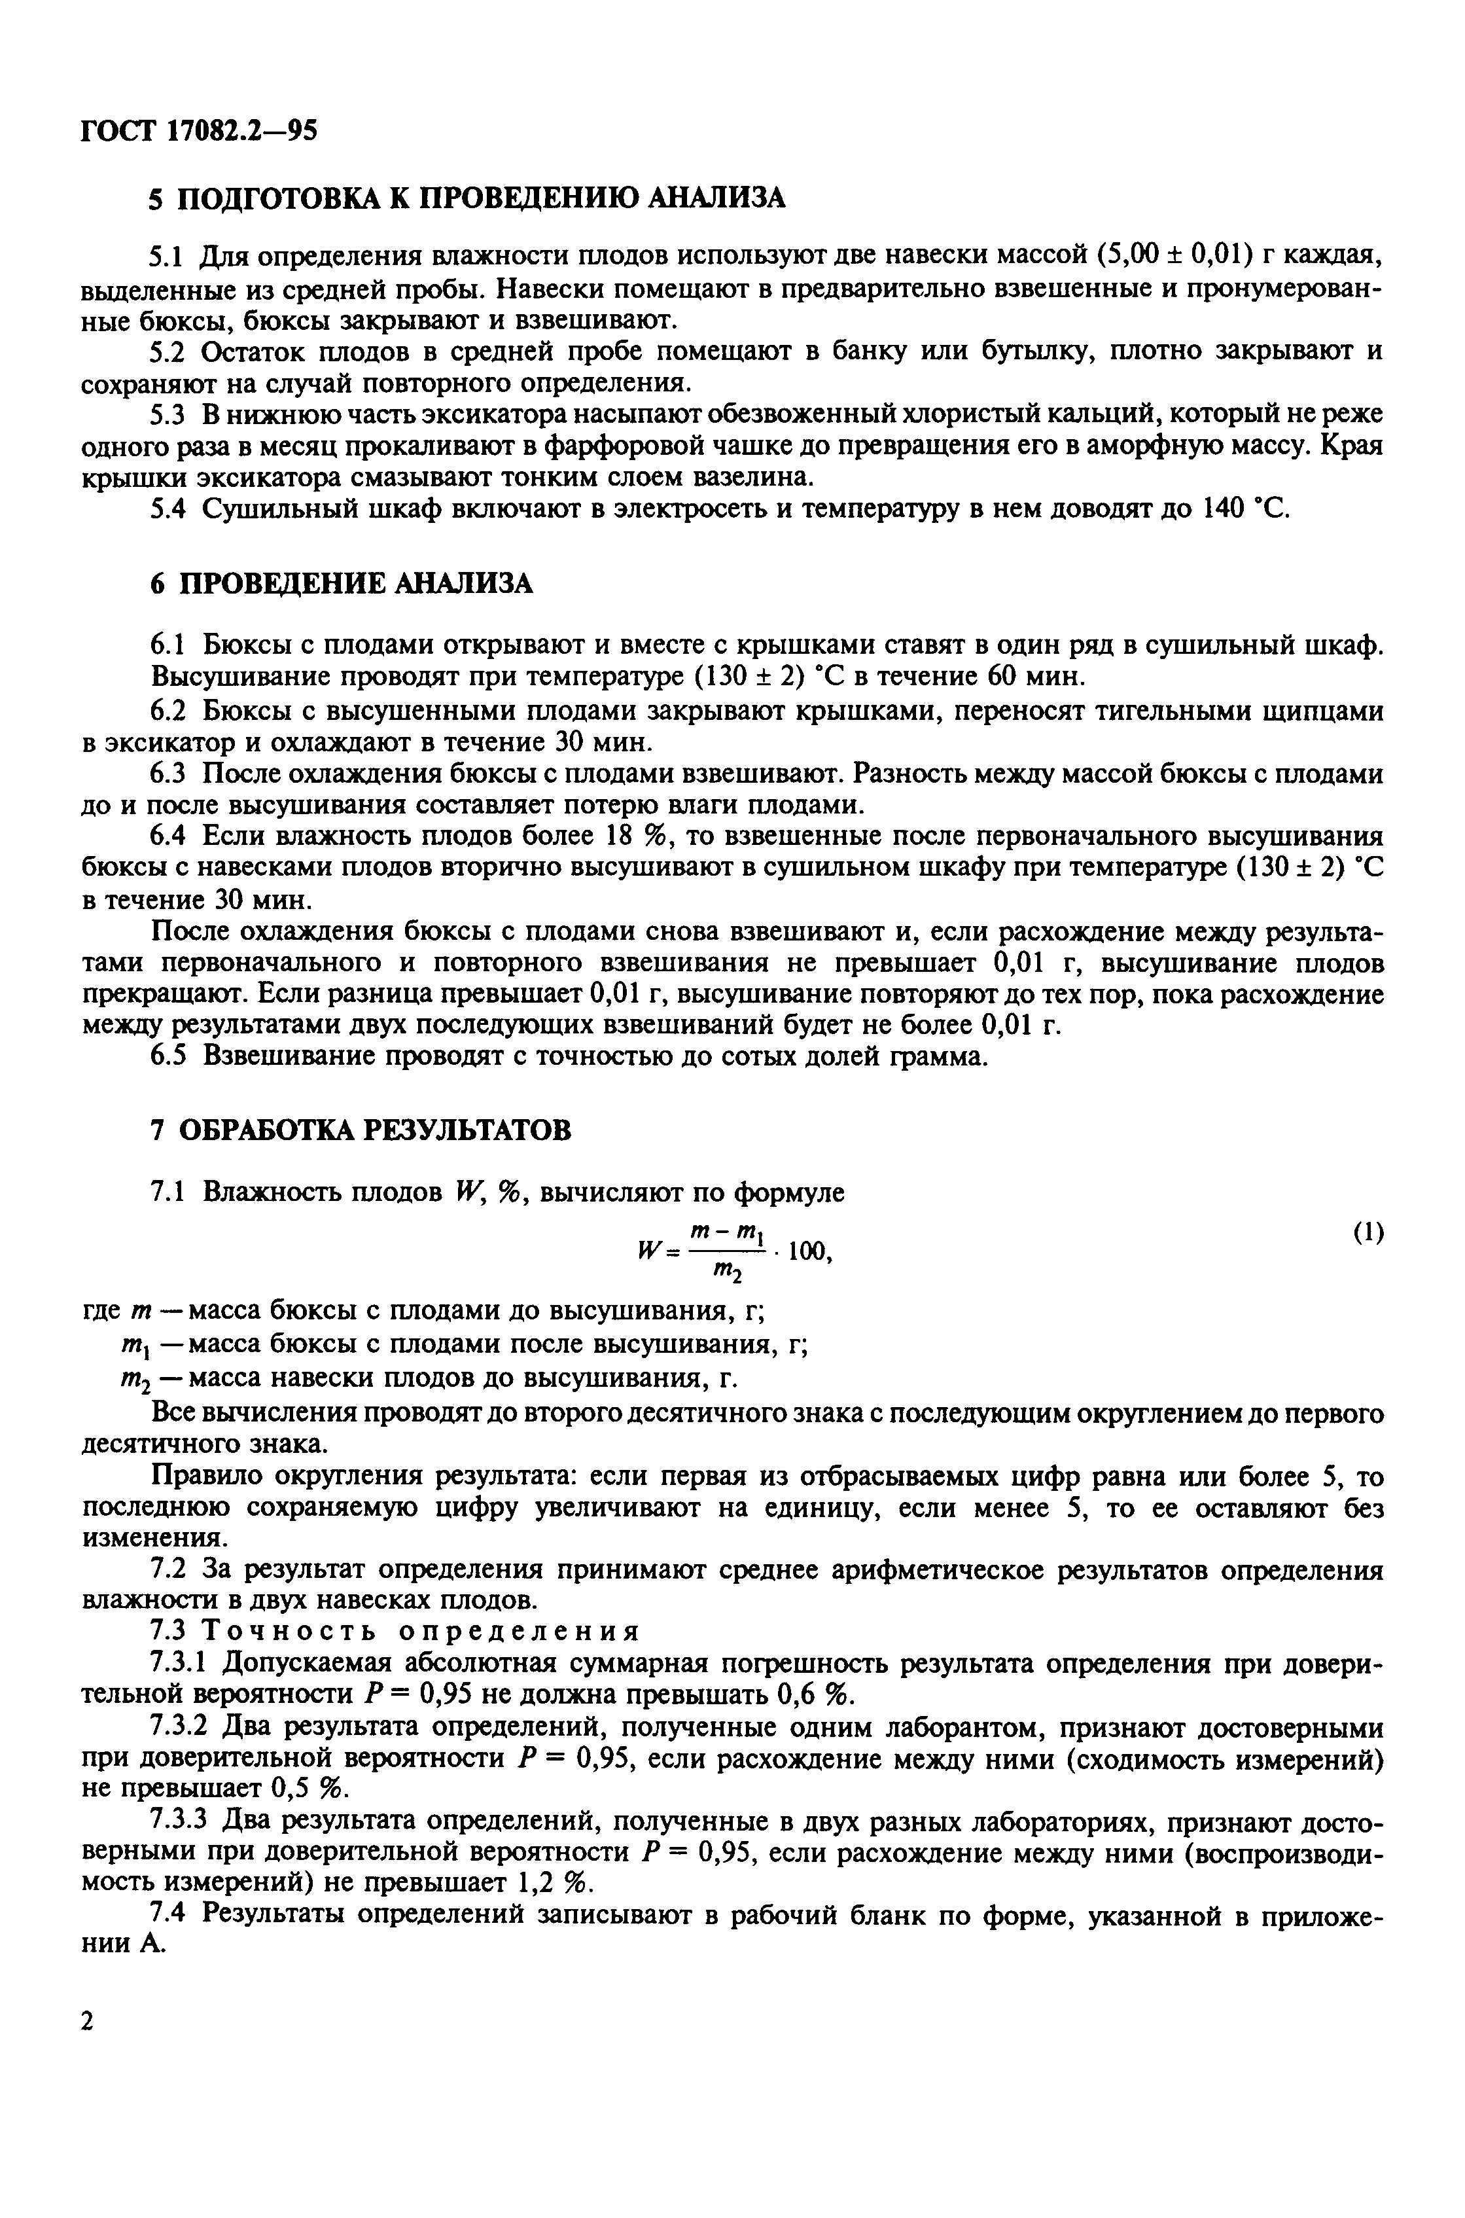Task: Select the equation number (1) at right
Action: click(x=1368, y=1233)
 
